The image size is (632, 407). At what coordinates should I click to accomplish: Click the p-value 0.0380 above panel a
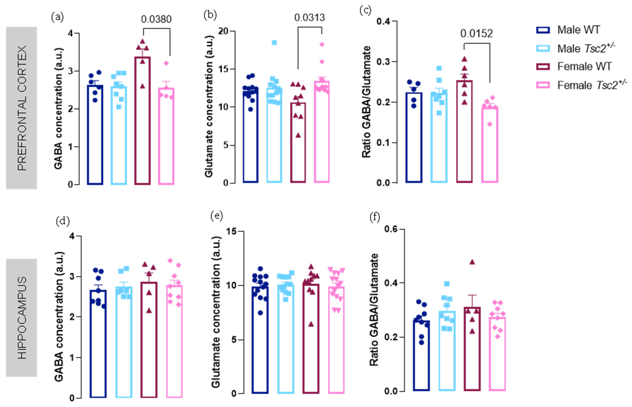pyautogui.click(x=156, y=19)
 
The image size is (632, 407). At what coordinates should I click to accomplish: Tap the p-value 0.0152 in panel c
pyautogui.click(x=476, y=34)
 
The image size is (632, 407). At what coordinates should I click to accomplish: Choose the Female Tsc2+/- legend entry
pyautogui.click(x=592, y=85)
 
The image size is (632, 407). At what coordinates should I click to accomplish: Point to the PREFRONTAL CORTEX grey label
pyautogui.click(x=21, y=108)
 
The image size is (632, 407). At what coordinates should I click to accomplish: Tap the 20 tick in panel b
pyautogui.click(x=223, y=31)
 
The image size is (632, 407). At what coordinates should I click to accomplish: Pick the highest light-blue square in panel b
pyautogui.click(x=274, y=43)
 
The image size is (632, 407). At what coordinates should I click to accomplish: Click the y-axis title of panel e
pyautogui.click(x=216, y=312)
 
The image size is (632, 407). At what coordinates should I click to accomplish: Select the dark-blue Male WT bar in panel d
pyautogui.click(x=98, y=344)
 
